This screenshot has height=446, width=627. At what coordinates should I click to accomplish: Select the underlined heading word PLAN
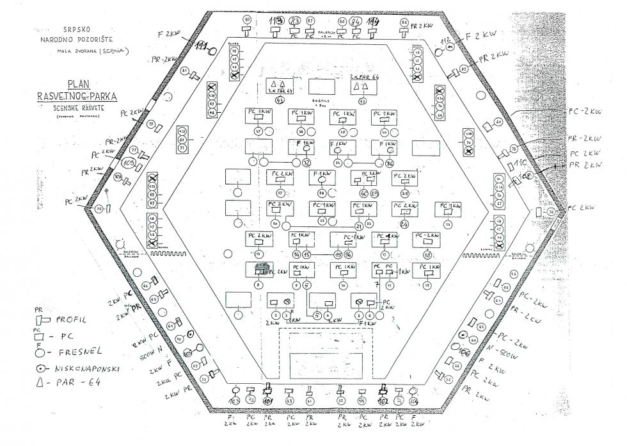pos(75,83)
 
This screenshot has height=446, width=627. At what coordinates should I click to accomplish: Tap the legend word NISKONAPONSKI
pos(88,370)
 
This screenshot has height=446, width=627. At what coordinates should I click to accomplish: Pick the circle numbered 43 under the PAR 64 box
pos(279,101)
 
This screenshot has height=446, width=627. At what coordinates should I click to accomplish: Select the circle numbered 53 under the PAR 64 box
pos(362,101)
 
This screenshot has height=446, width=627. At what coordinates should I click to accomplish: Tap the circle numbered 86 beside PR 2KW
pos(404,22)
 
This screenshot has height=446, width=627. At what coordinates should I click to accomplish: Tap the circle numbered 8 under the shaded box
pos(258,285)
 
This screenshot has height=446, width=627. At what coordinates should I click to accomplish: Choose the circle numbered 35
pos(404,194)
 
